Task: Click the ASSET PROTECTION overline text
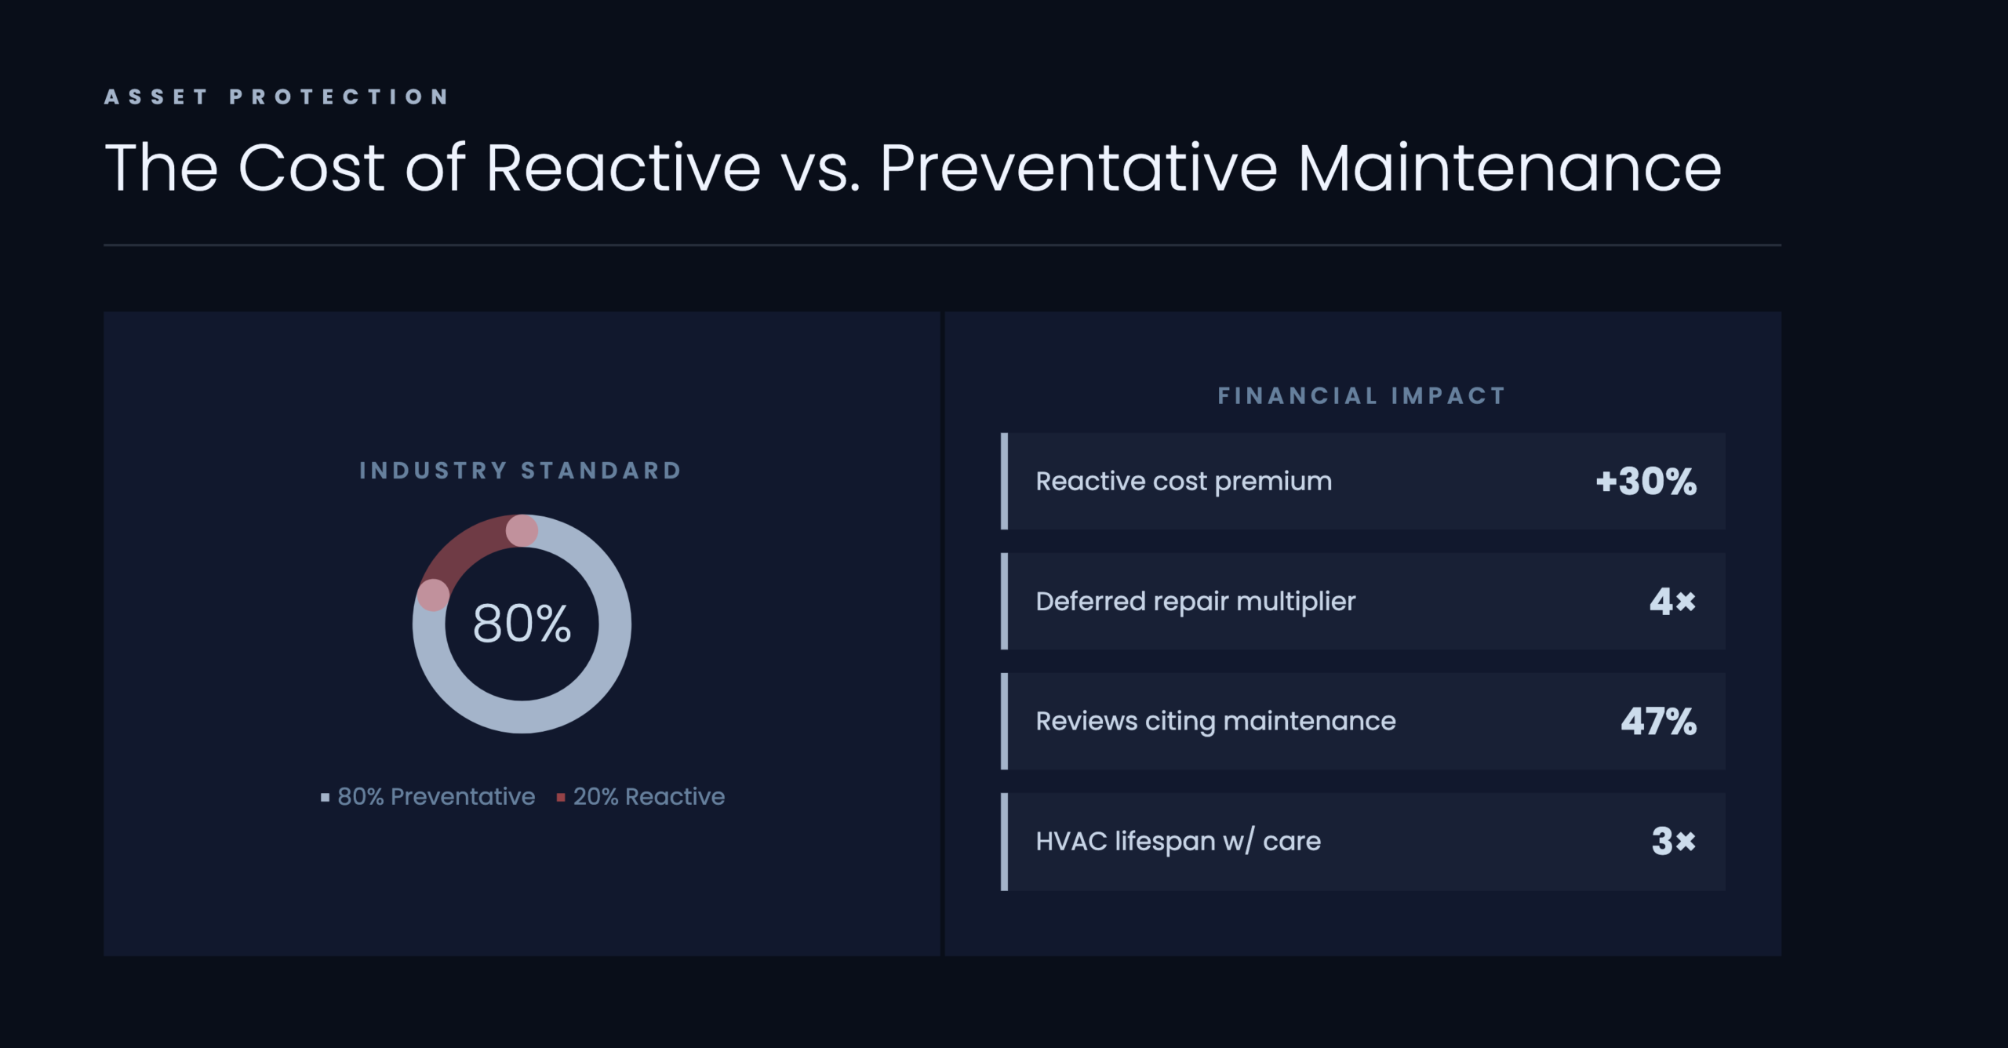click(277, 96)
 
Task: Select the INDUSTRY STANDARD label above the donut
click(521, 471)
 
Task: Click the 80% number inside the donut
click(522, 624)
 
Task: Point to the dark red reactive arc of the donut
click(468, 545)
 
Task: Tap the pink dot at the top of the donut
click(522, 531)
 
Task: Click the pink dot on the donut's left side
click(433, 595)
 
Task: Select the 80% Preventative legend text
click(436, 796)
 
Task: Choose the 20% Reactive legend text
click(649, 796)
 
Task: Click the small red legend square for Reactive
click(561, 798)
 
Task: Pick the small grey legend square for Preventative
click(325, 798)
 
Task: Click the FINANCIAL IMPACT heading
click(1362, 396)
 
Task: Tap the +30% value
click(1646, 482)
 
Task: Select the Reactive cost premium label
click(1184, 481)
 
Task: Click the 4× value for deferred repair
click(1672, 602)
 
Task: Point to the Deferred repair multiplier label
click(1195, 602)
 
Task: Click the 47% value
click(1659, 722)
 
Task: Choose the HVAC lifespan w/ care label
click(1178, 842)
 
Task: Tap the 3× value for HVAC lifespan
click(1673, 842)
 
